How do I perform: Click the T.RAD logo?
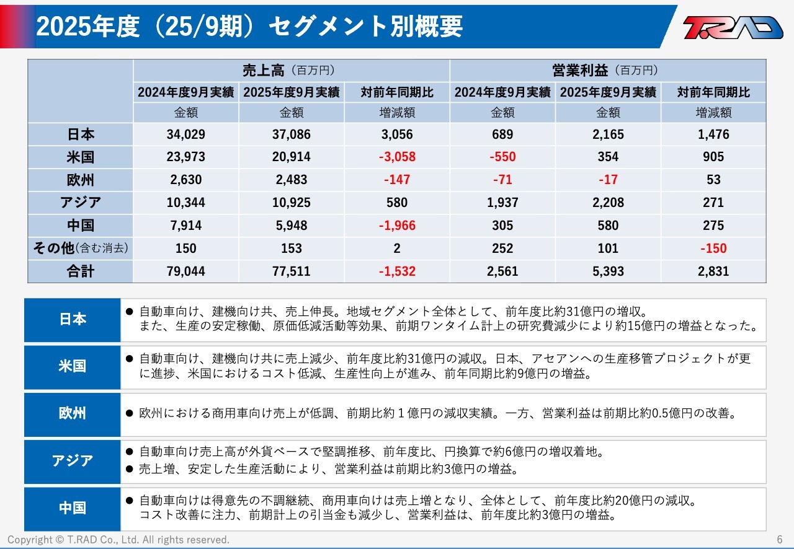pos(733,27)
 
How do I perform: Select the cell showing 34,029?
pos(185,134)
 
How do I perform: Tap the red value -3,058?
pos(397,157)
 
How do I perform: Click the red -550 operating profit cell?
pos(502,157)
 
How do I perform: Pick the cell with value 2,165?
pos(608,134)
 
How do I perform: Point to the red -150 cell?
pos(713,248)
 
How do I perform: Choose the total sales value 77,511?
pos(291,271)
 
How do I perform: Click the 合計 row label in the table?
pos(81,271)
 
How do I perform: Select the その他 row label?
pos(81,248)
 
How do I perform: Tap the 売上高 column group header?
pos(291,71)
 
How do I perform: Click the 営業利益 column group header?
pos(607,71)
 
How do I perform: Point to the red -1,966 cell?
pos(397,226)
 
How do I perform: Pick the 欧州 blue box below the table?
pos(73,414)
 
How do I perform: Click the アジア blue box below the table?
pos(73,461)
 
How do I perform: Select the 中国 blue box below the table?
pos(73,508)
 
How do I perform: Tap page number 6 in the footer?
pos(780,540)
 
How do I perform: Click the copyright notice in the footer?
pos(118,540)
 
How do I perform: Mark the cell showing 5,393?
pos(608,271)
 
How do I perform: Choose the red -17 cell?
pos(608,180)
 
